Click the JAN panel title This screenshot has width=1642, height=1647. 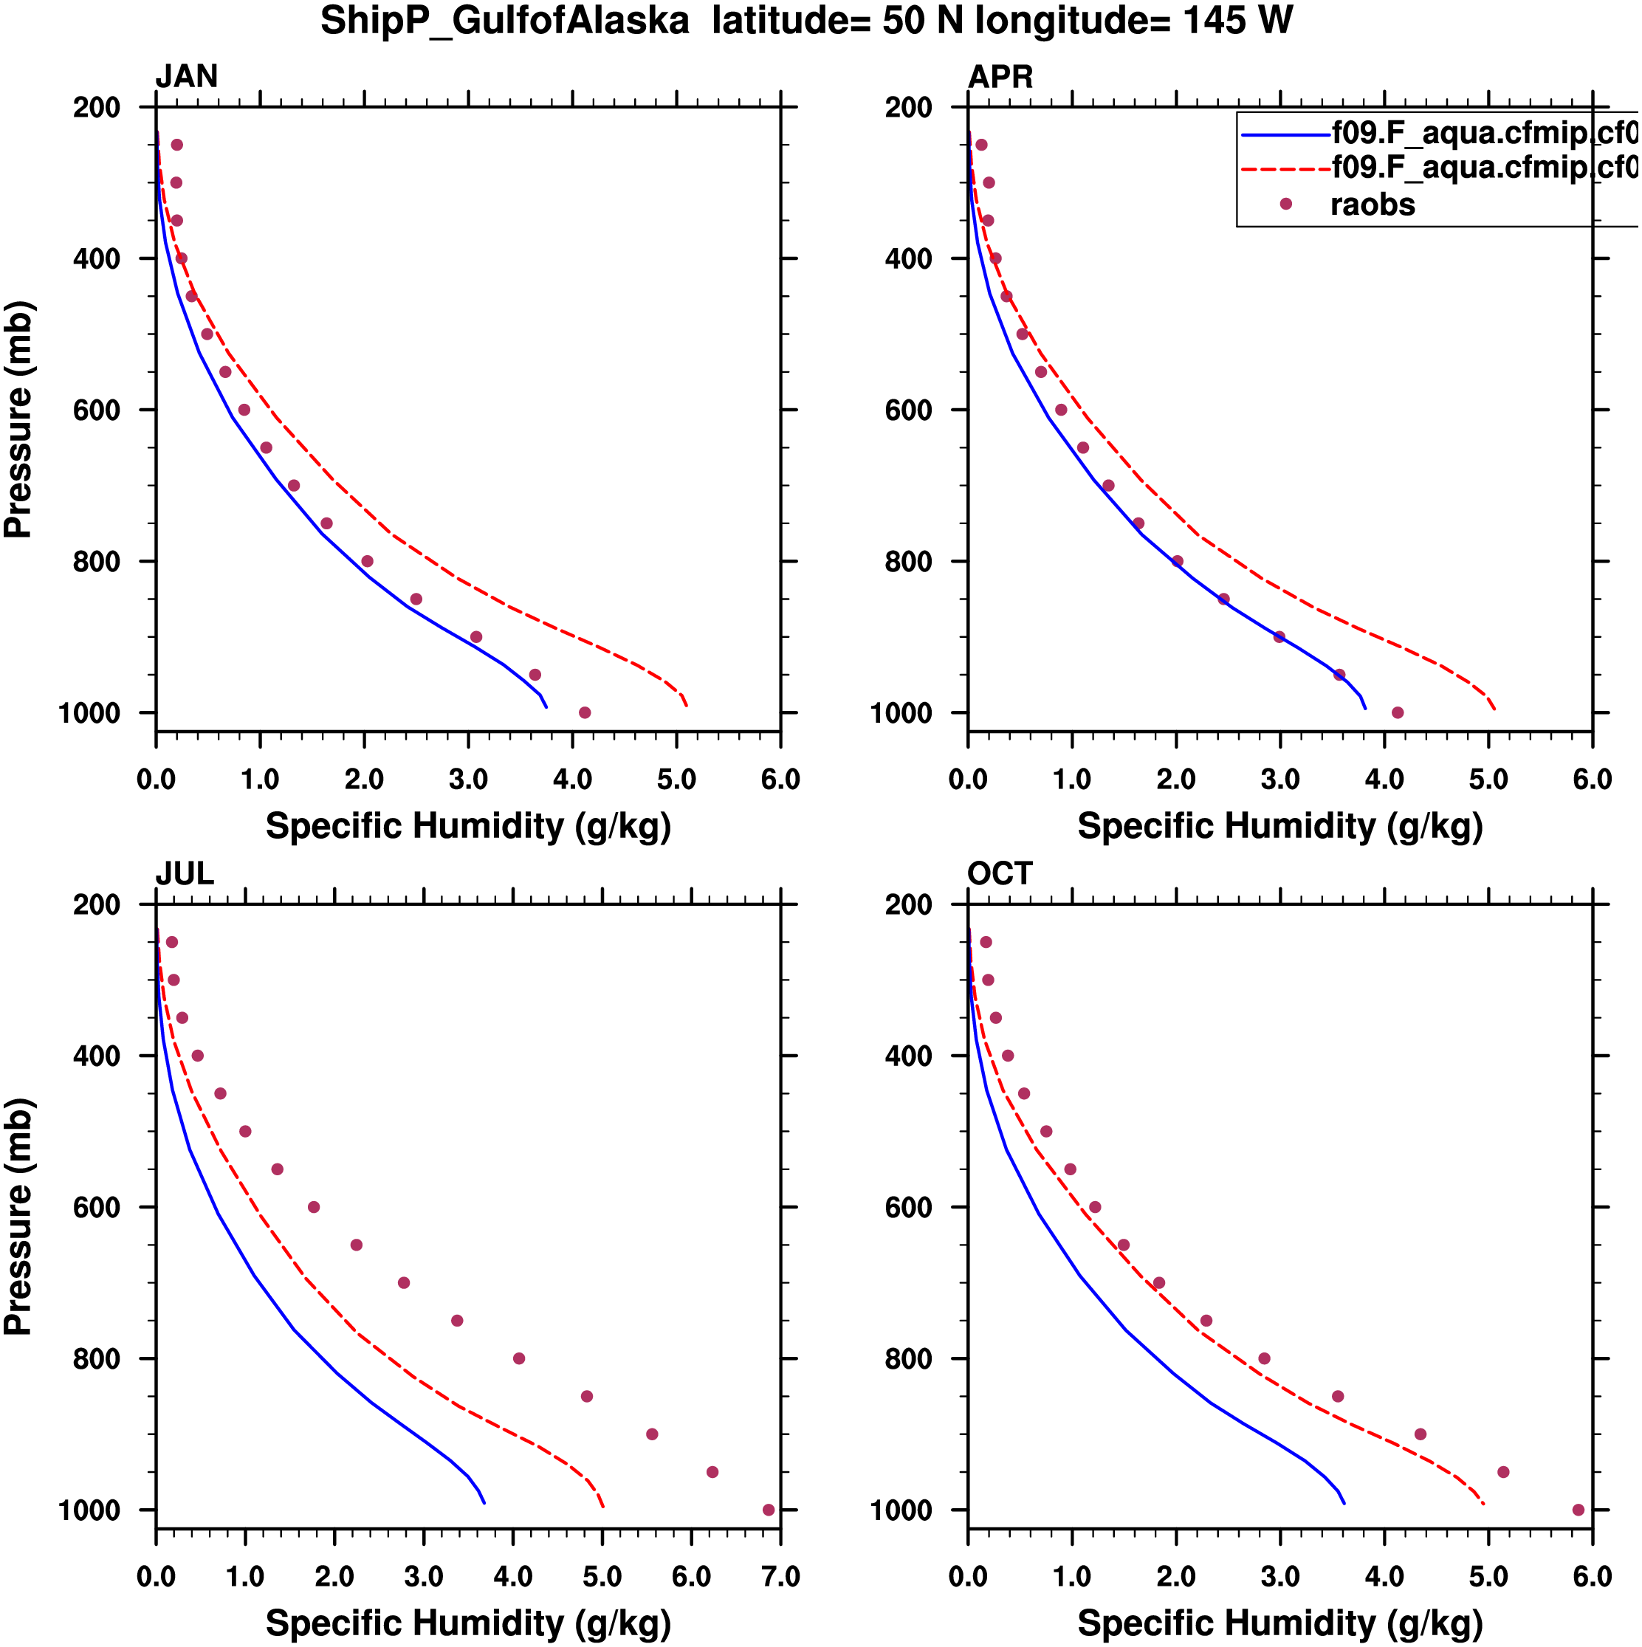[x=186, y=77]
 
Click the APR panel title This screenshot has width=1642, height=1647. [x=999, y=77]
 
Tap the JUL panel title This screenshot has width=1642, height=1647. [x=184, y=874]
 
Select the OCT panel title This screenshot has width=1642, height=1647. [x=999, y=874]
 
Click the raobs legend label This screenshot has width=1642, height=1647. [x=1372, y=204]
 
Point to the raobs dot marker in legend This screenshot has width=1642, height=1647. [x=1285, y=204]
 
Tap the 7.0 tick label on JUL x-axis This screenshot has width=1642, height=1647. [x=779, y=1576]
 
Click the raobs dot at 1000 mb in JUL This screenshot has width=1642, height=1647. [x=768, y=1510]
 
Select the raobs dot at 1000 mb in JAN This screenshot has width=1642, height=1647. [x=584, y=712]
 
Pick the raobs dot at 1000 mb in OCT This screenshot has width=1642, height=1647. [x=1578, y=1510]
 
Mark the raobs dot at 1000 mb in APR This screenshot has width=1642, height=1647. [x=1398, y=712]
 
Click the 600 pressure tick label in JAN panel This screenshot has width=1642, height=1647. [x=96, y=410]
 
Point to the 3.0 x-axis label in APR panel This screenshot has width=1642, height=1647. [x=1279, y=779]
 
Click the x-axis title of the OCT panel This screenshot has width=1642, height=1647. [x=1279, y=1623]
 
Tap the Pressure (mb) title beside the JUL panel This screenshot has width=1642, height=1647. [x=18, y=1216]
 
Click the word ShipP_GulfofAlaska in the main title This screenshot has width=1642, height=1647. [x=505, y=21]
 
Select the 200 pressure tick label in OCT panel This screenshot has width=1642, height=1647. [x=908, y=904]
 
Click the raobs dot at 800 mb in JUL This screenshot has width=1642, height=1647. [x=518, y=1358]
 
